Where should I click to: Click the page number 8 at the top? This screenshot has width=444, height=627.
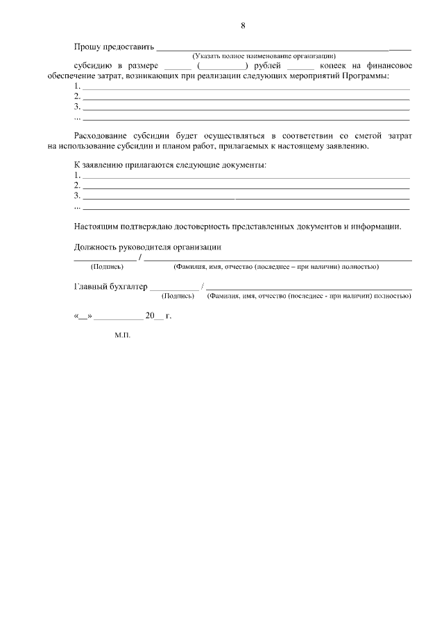[x=243, y=26]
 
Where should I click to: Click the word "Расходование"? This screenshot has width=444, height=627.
[x=104, y=135]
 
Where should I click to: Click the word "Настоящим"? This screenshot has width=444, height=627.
[x=96, y=226]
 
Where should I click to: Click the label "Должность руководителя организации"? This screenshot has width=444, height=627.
[x=147, y=247]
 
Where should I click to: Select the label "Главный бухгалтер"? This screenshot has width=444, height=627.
[x=110, y=286]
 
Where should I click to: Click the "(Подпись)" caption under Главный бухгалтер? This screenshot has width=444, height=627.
[x=177, y=296]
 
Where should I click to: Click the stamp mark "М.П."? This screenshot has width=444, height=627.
[x=123, y=335]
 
